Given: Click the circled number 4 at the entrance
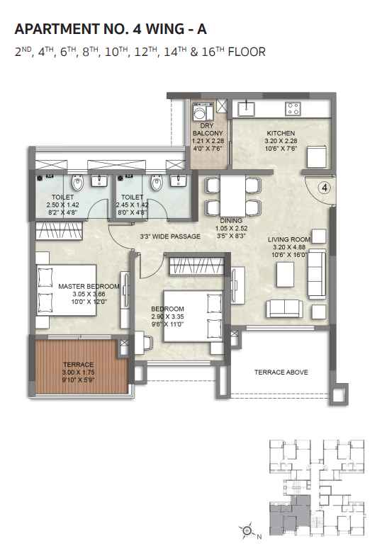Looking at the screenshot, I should [323, 188].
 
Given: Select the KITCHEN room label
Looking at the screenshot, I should [281, 133].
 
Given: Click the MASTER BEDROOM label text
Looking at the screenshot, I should [82, 287].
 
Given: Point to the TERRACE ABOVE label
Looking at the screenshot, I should [281, 372].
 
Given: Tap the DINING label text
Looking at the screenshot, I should [231, 221].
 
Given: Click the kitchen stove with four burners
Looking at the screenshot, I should [293, 108].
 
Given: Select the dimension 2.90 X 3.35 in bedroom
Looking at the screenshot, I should [168, 317].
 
